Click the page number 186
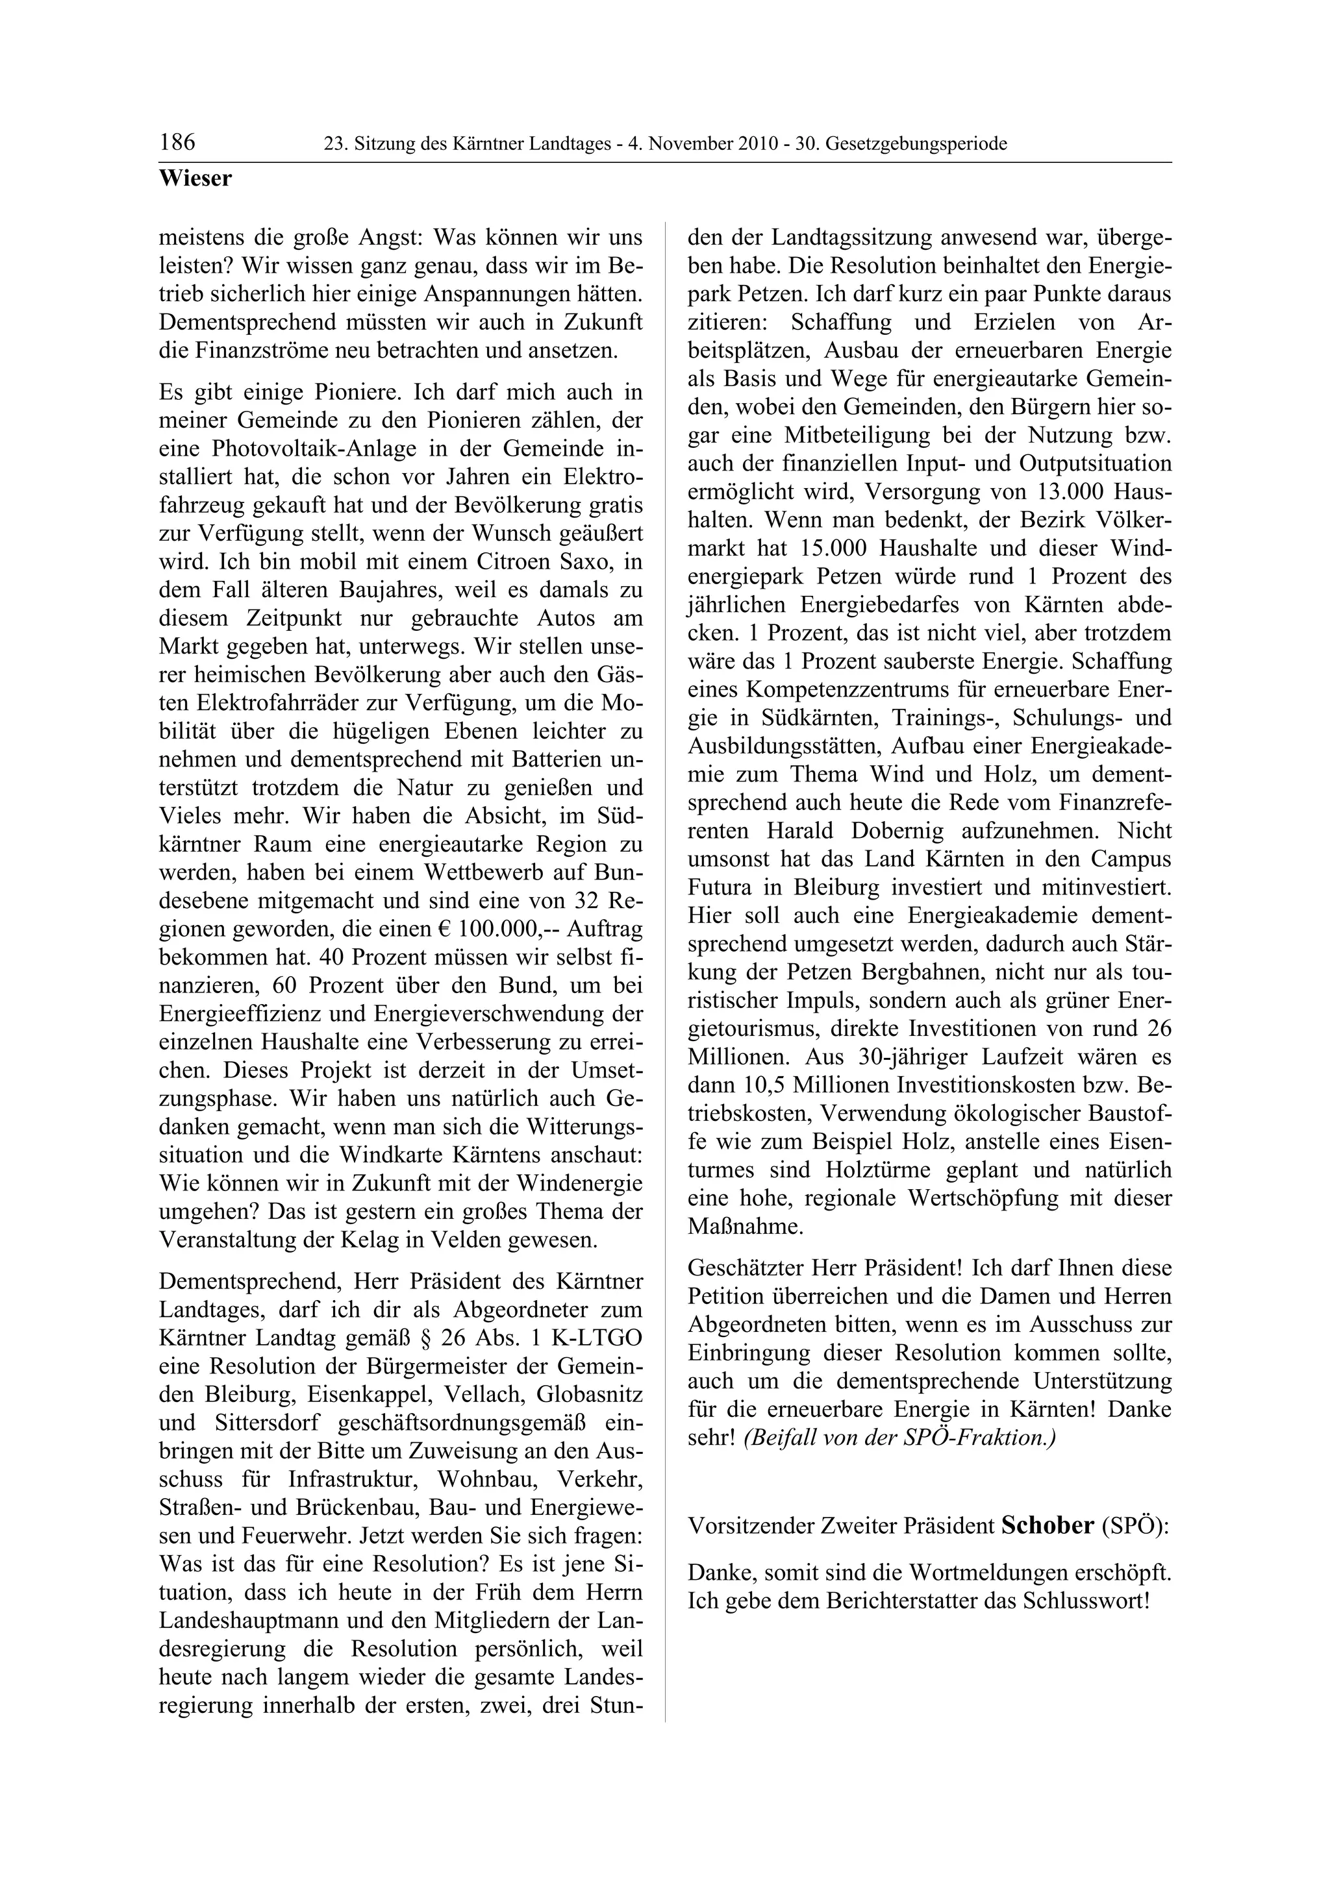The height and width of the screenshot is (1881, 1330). tap(178, 143)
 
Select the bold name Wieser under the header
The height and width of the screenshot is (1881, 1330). tap(195, 178)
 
